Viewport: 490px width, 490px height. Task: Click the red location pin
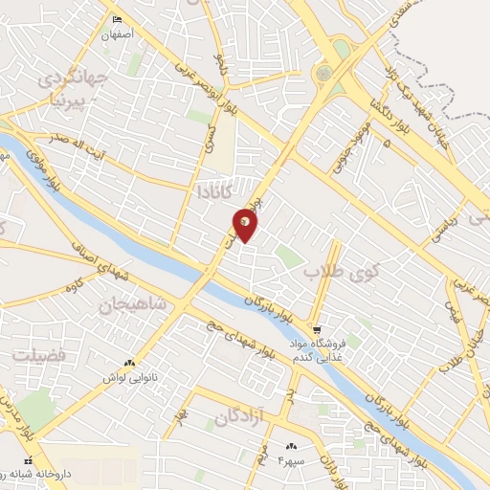(x=245, y=226)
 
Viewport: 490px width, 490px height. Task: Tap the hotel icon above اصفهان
(x=118, y=20)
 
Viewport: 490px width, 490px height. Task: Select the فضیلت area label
(x=37, y=355)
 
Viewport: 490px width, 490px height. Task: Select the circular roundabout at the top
(x=323, y=73)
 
